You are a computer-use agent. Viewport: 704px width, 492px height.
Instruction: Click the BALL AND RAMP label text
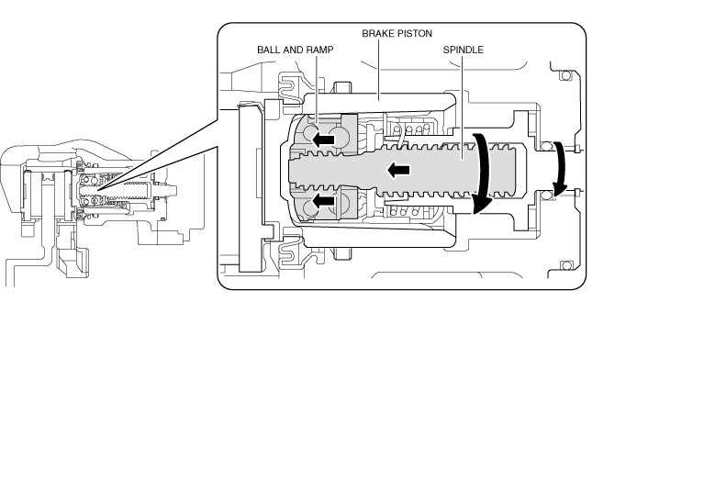295,49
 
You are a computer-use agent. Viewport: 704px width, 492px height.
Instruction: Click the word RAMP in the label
318,49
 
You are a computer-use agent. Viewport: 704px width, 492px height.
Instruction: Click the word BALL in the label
269,49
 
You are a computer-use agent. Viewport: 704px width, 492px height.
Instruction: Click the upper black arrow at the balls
320,140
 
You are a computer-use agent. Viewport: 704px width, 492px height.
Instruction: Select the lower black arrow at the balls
320,199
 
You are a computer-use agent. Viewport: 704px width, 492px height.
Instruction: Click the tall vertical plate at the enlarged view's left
249,187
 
